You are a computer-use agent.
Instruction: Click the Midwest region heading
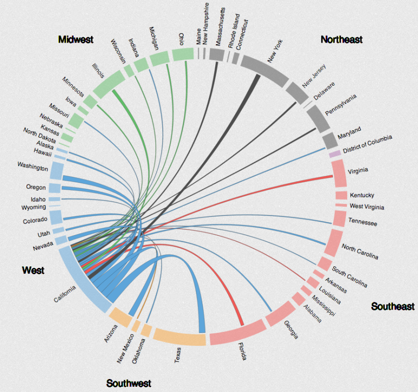(75, 39)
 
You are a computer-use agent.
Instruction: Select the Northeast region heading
(342, 39)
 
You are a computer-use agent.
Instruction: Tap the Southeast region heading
(393, 306)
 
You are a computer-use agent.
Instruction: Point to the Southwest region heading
(128, 384)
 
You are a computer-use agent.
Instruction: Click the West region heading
(33, 270)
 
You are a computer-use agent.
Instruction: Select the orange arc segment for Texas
(179, 336)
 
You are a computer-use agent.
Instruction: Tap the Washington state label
(33, 168)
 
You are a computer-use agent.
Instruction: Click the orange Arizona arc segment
(119, 316)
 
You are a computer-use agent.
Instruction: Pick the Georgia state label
(291, 330)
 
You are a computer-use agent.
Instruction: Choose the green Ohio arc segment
(182, 54)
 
